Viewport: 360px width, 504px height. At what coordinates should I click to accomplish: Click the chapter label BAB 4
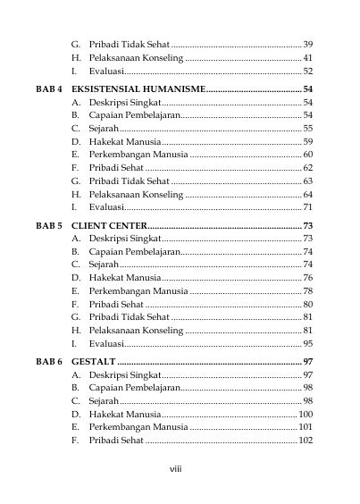(x=48, y=88)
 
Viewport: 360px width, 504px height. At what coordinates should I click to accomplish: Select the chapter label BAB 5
(x=48, y=225)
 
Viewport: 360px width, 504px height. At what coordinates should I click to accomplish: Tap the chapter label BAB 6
(x=48, y=362)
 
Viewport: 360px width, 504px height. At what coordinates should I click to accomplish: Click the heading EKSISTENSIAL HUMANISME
(x=138, y=88)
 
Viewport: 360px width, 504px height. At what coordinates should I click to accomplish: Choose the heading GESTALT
(x=93, y=362)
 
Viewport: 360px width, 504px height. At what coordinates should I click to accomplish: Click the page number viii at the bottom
(x=175, y=467)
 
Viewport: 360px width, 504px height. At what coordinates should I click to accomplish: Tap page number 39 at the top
(x=307, y=44)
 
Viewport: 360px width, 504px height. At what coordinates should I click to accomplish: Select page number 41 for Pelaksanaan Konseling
(x=307, y=57)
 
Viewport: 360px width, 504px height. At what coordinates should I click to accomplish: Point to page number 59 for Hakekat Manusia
(x=307, y=141)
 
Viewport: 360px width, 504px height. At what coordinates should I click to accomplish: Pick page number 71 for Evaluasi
(x=307, y=206)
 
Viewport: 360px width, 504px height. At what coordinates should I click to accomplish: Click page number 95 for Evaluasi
(x=307, y=342)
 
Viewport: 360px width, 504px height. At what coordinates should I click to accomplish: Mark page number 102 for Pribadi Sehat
(x=306, y=440)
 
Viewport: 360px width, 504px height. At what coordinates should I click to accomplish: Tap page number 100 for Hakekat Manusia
(x=306, y=415)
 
